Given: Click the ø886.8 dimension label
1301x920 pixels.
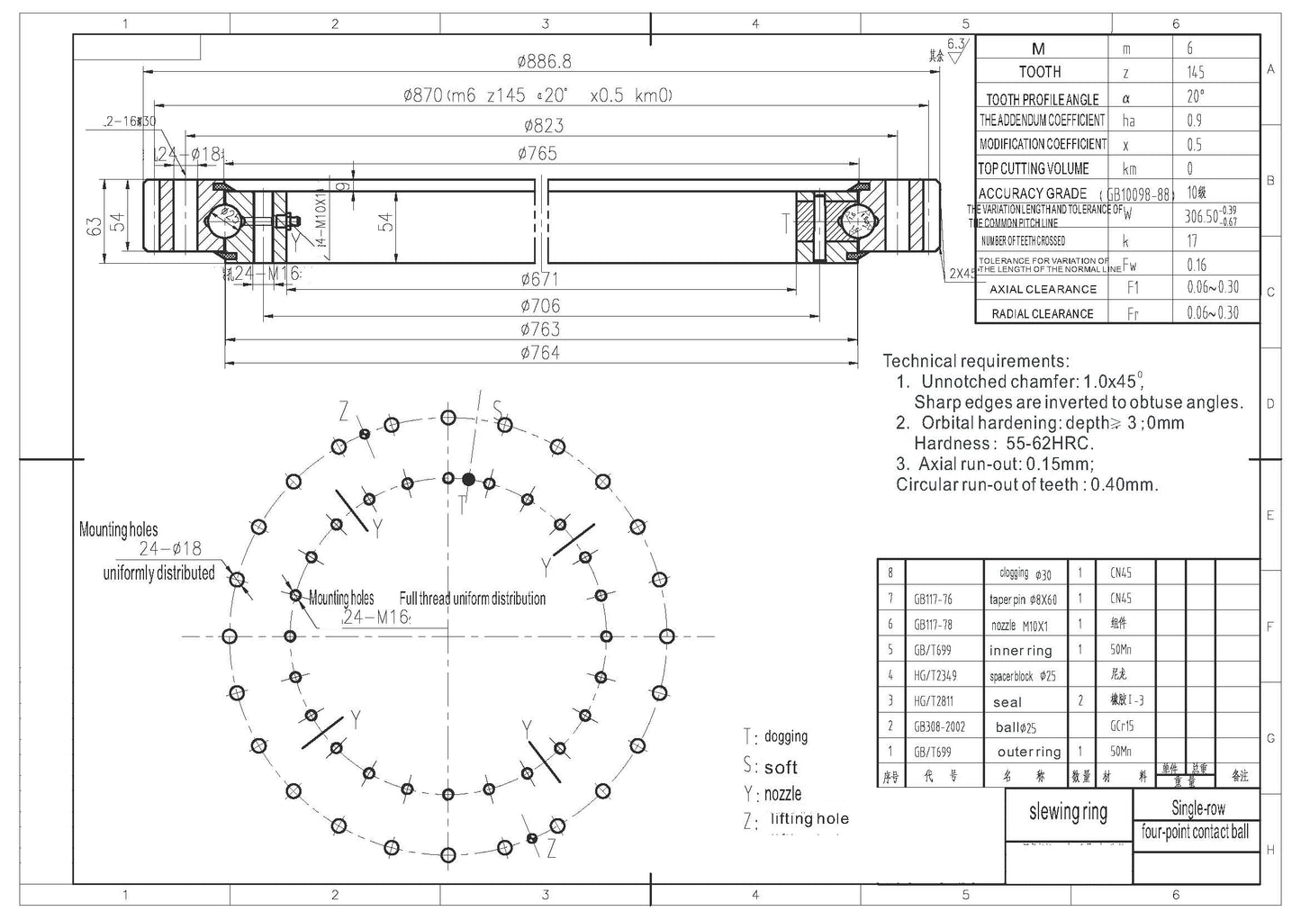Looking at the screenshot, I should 544,62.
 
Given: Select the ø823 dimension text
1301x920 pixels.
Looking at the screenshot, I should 544,125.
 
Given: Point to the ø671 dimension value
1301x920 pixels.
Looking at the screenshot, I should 539,279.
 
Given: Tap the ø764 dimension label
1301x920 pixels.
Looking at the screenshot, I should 539,353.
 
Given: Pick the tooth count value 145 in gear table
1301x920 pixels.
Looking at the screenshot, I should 1195,72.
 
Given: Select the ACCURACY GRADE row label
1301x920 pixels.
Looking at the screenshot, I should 1032,194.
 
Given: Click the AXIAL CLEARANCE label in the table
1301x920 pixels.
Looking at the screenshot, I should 1043,289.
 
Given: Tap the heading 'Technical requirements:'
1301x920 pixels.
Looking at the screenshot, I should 976,361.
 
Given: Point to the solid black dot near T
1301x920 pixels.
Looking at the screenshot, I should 468,479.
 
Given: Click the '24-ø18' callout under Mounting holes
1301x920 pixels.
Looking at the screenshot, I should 170,548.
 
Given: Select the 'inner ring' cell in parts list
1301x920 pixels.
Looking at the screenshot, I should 1020,650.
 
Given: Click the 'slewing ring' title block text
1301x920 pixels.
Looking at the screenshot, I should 1068,813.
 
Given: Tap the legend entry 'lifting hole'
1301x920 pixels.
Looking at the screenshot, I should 809,819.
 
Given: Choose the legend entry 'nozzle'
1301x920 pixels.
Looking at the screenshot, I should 782,794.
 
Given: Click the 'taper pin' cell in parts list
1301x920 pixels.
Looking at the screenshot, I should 1023,600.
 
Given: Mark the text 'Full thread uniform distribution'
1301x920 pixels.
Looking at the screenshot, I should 473,599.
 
